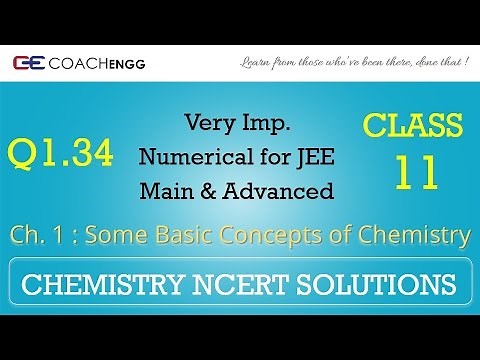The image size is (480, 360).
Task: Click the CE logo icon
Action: pos(27,62)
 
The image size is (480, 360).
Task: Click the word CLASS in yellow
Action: pos(414,127)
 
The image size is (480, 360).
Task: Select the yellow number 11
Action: pos(415,172)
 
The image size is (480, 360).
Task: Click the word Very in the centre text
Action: pos(207,123)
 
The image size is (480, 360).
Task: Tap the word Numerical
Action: pos(187,156)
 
